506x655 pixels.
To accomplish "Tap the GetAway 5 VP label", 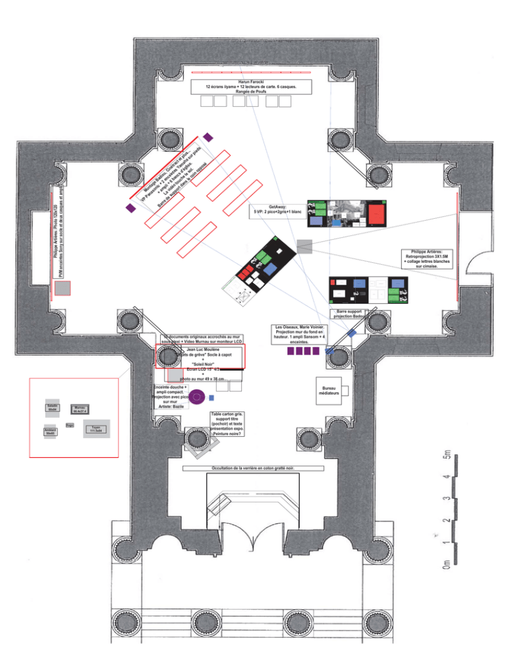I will [276, 210].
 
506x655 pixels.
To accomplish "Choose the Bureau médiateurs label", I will [327, 389].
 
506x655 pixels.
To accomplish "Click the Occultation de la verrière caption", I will [253, 469].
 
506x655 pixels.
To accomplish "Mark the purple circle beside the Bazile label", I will [202, 397].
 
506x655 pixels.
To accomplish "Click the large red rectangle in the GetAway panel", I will [376, 214].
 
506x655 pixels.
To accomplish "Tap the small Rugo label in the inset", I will [69, 426].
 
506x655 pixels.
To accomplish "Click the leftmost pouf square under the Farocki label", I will [207, 101].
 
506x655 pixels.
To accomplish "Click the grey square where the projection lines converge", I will [304, 246].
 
